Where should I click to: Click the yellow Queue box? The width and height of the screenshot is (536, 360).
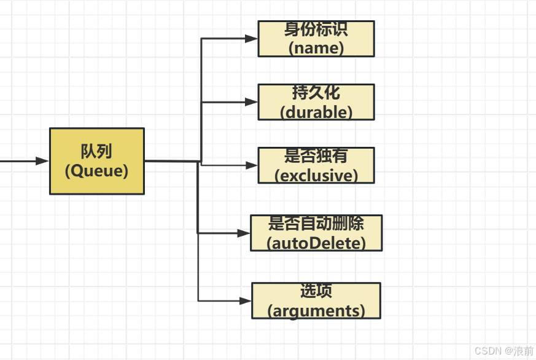[x=96, y=161]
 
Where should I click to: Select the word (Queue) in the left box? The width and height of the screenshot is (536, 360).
[x=96, y=171]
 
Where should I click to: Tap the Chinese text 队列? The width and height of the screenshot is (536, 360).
[x=96, y=151]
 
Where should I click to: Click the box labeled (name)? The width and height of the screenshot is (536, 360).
[x=316, y=39]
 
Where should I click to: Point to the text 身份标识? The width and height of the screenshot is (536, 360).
[x=316, y=29]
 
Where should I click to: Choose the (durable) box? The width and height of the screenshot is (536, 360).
[x=316, y=103]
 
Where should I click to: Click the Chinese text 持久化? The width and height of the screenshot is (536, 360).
[x=316, y=93]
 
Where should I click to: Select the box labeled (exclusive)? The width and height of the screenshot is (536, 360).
[x=316, y=166]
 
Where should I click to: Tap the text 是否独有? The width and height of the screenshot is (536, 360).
[x=316, y=156]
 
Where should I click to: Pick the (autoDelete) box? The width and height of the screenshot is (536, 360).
[x=316, y=233]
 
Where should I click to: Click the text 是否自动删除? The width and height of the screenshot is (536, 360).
[x=316, y=223]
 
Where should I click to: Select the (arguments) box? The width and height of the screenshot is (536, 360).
[x=316, y=301]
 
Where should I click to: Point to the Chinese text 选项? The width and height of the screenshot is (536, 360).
[x=316, y=291]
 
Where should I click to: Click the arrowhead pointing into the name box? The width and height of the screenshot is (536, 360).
[x=251, y=39]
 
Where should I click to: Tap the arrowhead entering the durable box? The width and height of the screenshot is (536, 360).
[x=251, y=102]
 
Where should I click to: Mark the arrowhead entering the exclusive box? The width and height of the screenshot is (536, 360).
[x=251, y=165]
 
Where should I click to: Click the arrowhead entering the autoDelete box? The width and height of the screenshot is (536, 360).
[x=244, y=233]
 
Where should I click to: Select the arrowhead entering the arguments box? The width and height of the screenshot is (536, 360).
[x=245, y=301]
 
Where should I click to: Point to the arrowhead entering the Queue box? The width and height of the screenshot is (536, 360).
[x=42, y=161]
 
